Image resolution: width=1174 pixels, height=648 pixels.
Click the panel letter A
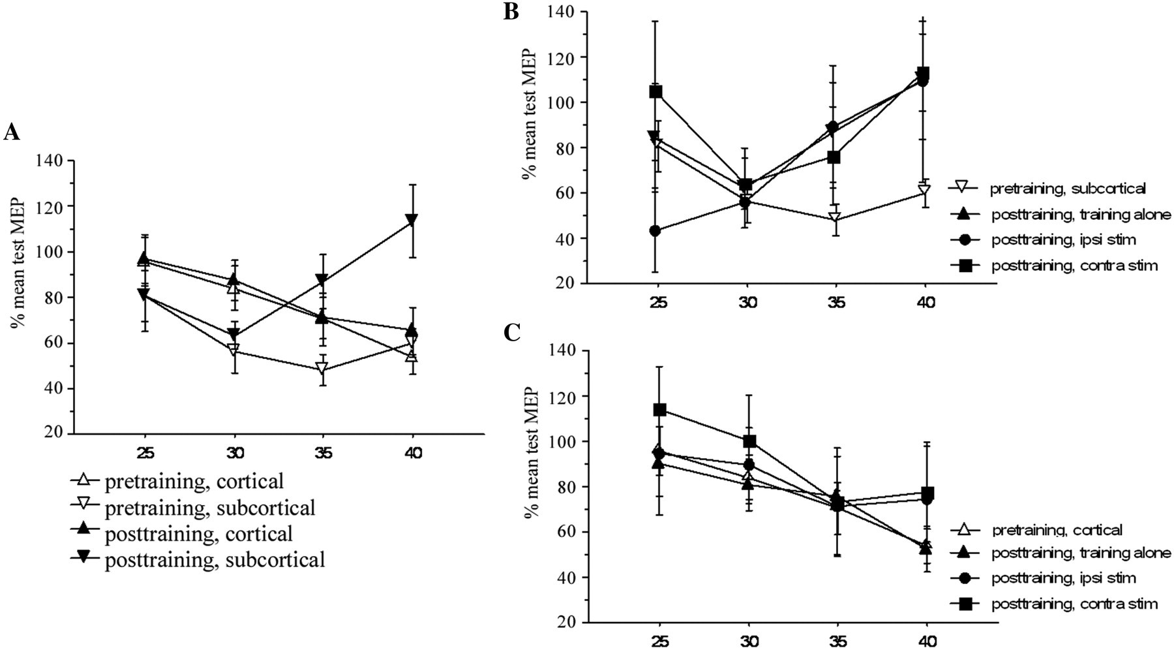12,133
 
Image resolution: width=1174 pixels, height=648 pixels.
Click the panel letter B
511,12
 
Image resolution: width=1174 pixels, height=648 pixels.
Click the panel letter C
512,332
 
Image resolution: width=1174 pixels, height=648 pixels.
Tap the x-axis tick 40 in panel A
413,452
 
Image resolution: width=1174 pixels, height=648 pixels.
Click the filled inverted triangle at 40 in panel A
412,219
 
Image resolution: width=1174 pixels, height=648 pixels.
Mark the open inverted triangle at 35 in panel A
322,367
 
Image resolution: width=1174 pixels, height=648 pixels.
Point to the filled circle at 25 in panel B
655,230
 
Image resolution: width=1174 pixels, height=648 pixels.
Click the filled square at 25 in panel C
659,410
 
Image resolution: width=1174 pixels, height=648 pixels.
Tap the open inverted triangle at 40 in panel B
924,191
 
